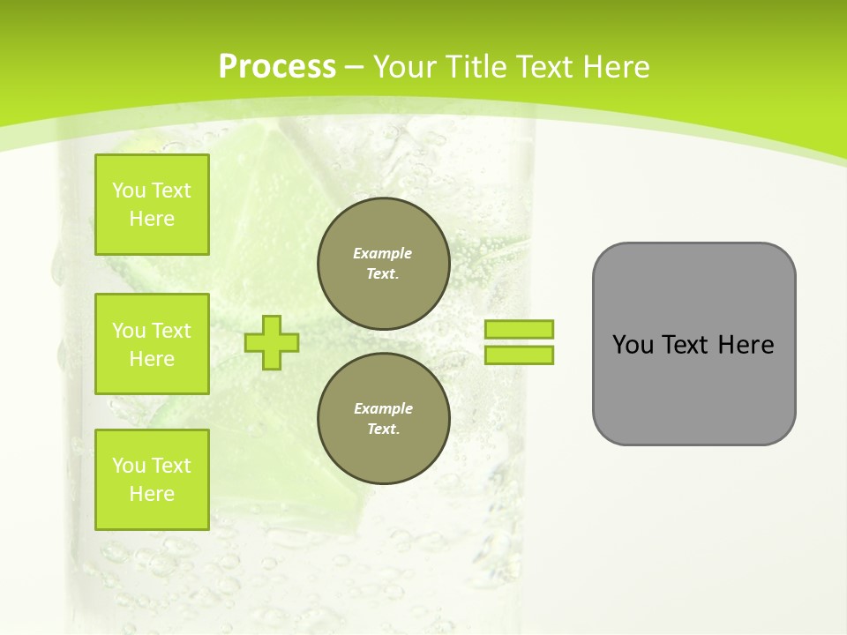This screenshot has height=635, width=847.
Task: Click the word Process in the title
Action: (277, 67)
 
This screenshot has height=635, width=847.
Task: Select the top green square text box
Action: (152, 205)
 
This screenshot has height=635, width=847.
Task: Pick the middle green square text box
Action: (152, 344)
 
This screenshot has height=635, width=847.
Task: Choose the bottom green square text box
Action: (152, 480)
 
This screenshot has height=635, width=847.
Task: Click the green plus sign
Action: (272, 342)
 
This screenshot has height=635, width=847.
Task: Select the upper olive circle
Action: (383, 264)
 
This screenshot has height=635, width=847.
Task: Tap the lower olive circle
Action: (383, 419)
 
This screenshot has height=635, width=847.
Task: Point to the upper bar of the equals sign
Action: (519, 329)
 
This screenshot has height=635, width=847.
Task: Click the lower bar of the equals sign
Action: (519, 355)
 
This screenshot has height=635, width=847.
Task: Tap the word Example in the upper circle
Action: (382, 253)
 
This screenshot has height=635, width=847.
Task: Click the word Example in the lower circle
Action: (383, 408)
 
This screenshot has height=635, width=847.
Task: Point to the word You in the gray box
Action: (633, 345)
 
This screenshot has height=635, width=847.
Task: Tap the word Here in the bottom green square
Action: (152, 494)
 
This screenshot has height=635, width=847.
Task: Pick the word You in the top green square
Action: (129, 190)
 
